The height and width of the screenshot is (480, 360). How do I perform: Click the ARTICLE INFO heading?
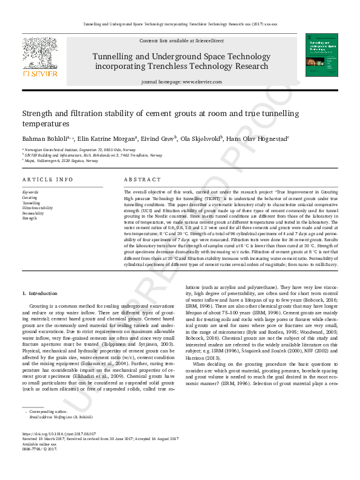[47, 180]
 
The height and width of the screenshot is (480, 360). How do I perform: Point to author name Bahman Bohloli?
[41, 138]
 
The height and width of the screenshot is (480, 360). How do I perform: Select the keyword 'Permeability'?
[33, 213]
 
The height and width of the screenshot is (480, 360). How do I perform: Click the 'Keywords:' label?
[30, 192]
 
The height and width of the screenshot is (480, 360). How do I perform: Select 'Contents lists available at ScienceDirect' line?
[179, 40]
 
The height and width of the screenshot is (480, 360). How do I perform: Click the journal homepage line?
[179, 82]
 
